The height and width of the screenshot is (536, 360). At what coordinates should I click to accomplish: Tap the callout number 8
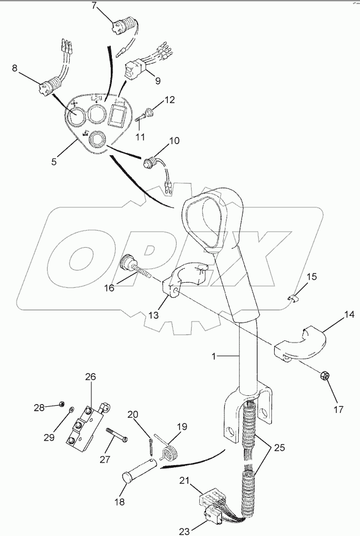coord(15,69)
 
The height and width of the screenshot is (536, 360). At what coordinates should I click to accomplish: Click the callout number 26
coord(90,377)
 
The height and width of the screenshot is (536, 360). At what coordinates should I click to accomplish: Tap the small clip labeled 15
coord(295,299)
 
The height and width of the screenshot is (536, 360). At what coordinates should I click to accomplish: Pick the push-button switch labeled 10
coord(150,164)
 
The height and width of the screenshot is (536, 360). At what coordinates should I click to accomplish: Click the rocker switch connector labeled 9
coord(136,67)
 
